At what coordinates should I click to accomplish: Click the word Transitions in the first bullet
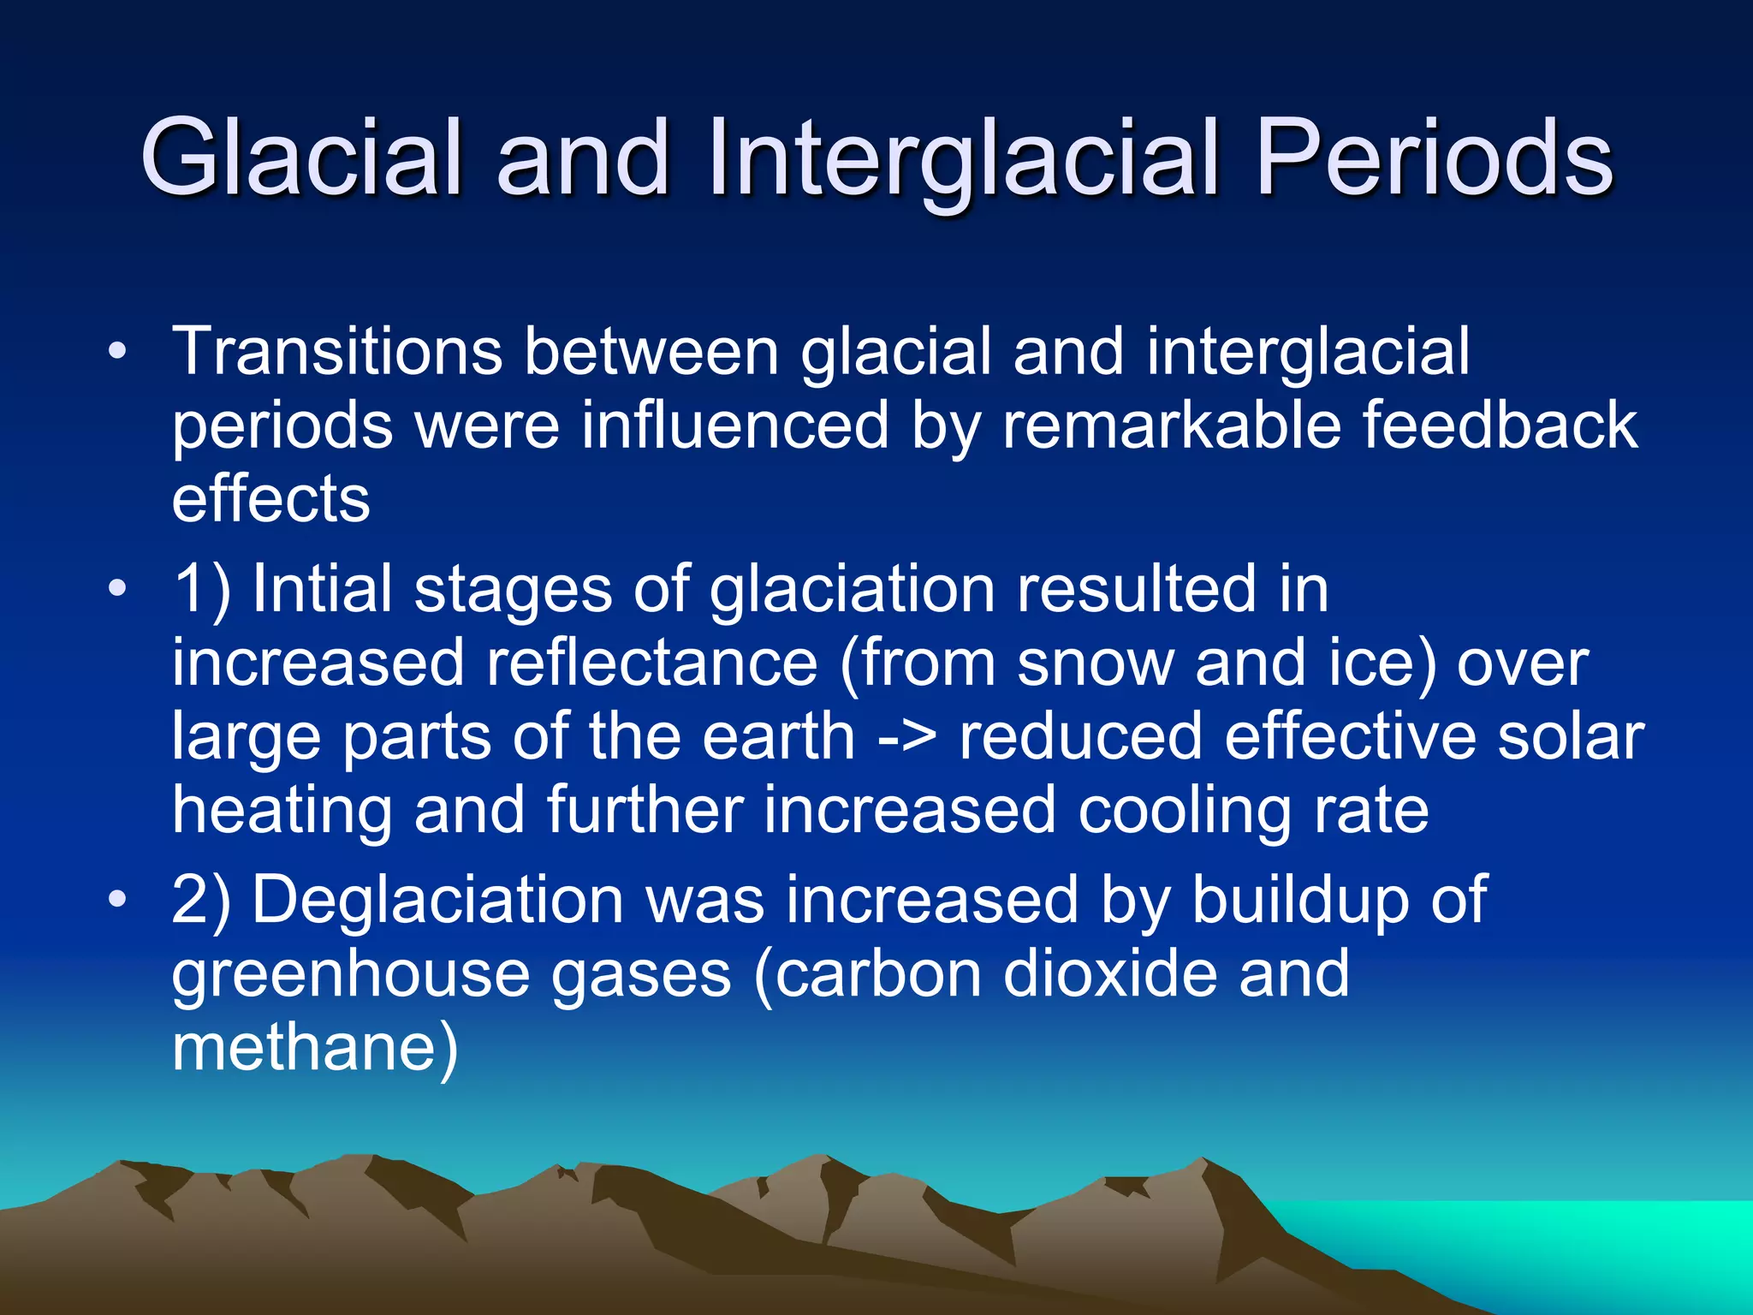pos(337,352)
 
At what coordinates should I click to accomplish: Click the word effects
pos(270,499)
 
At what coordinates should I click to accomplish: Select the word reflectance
pos(652,663)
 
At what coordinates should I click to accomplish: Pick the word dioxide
pos(1109,973)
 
